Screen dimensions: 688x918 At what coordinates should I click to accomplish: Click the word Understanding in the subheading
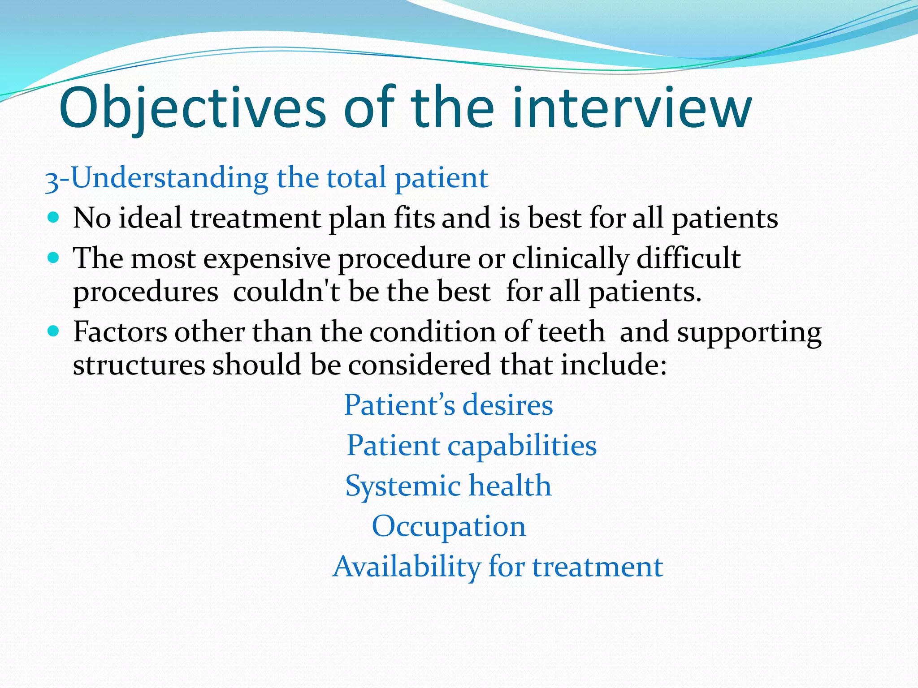pyautogui.click(x=169, y=178)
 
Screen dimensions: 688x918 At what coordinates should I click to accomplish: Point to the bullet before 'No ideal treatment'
pyautogui.click(x=53, y=218)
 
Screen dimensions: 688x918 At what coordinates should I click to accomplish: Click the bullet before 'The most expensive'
pyautogui.click(x=53, y=258)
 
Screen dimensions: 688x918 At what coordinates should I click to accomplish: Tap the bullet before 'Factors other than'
pyautogui.click(x=53, y=331)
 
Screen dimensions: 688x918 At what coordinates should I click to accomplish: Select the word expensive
pyautogui.click(x=267, y=259)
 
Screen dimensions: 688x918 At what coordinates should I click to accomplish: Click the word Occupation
pyautogui.click(x=449, y=527)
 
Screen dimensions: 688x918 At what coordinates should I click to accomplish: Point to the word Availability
pyautogui.click(x=407, y=567)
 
